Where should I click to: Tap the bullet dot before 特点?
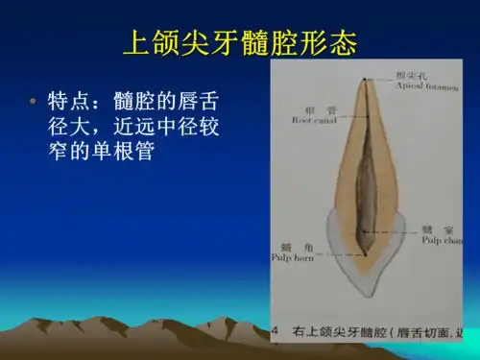tap(33, 101)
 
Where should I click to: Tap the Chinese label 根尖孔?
tap(411, 76)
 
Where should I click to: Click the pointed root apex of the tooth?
tap(365, 81)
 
